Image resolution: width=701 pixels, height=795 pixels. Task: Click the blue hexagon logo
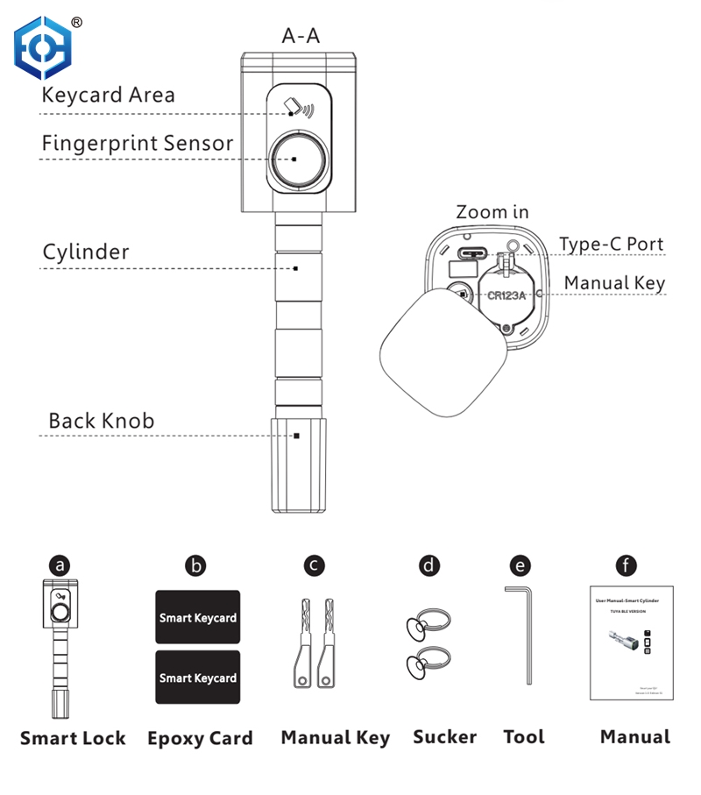pyautogui.click(x=43, y=48)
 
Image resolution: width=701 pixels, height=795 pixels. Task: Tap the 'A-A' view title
pyautogui.click(x=301, y=36)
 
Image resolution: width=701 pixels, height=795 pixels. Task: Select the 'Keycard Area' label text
pyautogui.click(x=108, y=95)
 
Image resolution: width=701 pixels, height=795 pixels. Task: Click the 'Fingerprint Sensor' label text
pyautogui.click(x=138, y=143)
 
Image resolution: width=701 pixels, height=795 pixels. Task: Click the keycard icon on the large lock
pyautogui.click(x=294, y=109)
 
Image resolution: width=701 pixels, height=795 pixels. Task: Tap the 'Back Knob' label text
pyautogui.click(x=101, y=421)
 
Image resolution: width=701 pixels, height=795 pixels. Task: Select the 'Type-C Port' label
pyautogui.click(x=612, y=244)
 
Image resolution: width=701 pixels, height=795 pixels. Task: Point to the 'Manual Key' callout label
pyautogui.click(x=614, y=283)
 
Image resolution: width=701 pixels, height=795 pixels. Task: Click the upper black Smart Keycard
pyautogui.click(x=197, y=618)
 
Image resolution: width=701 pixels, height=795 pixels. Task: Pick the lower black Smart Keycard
pyautogui.click(x=197, y=678)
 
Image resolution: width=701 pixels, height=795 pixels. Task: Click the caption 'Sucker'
pyautogui.click(x=445, y=736)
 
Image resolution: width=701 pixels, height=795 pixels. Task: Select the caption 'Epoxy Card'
pyautogui.click(x=200, y=738)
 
